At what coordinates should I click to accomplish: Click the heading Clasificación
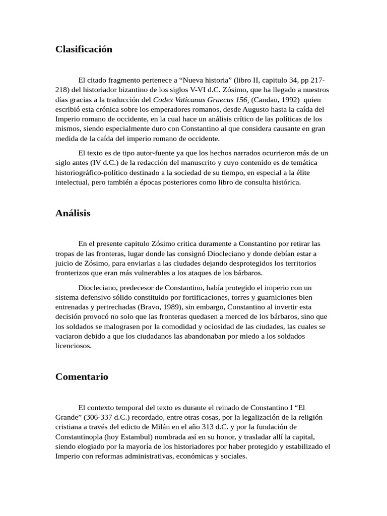click(84, 49)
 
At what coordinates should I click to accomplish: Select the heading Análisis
click(73, 213)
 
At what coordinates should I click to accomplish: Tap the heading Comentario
click(82, 377)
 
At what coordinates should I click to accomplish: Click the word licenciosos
click(74, 346)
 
